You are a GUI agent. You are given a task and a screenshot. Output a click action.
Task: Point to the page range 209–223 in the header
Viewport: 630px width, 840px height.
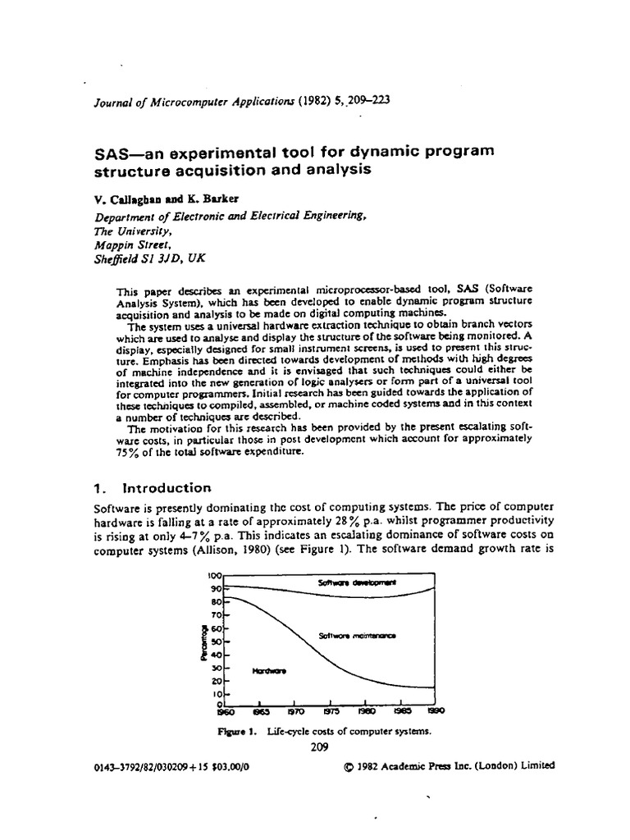363,100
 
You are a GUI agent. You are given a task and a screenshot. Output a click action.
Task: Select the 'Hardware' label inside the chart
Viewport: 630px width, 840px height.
269,670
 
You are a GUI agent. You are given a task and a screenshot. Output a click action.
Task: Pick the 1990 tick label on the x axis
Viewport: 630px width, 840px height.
436,712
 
